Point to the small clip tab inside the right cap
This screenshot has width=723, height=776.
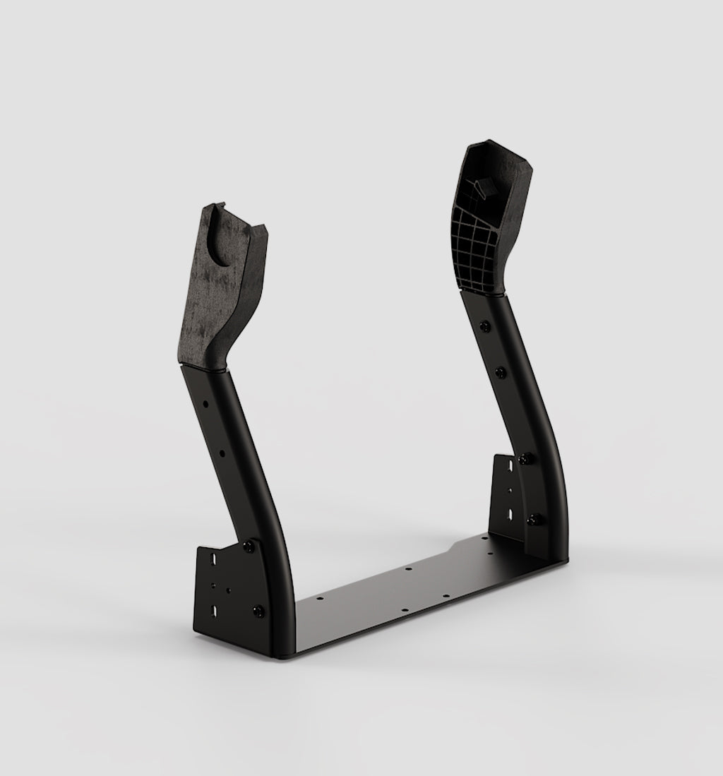[x=483, y=188]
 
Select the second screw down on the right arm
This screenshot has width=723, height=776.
[x=501, y=371]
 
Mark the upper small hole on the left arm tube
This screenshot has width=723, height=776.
[x=205, y=405]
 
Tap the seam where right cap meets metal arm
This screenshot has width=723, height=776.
[x=482, y=290]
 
